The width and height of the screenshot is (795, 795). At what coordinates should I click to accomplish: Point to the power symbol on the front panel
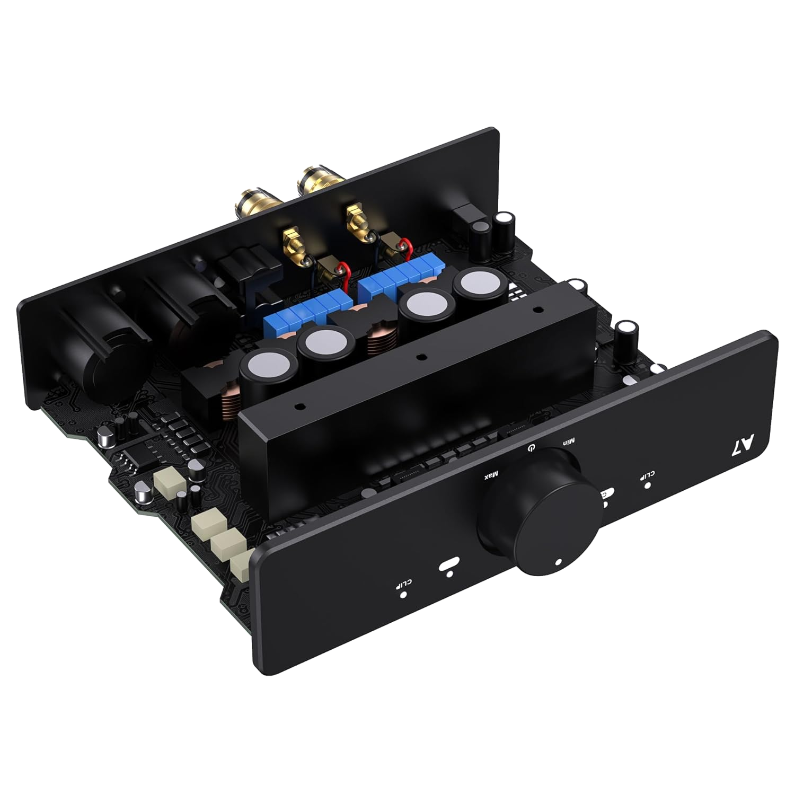pyautogui.click(x=531, y=448)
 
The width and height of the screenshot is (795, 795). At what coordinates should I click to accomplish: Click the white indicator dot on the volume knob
pyautogui.click(x=559, y=562)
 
